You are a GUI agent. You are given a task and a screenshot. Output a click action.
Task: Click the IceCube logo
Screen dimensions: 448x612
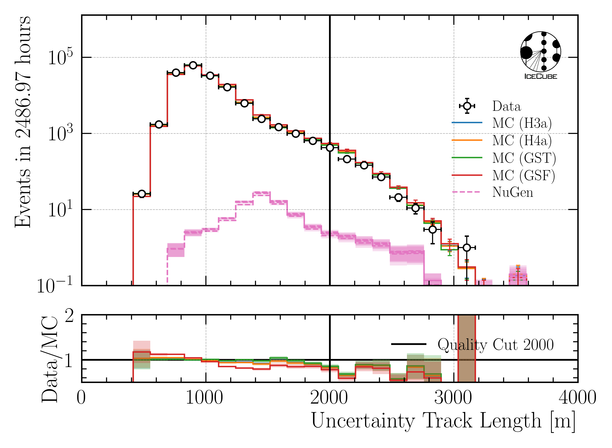[540, 55]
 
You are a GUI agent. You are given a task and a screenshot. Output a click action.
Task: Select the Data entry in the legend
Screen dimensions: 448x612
[506, 106]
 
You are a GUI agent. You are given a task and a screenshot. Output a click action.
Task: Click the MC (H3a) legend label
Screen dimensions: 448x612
[522, 123]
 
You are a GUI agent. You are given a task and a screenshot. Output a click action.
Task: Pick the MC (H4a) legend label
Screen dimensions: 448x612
[522, 140]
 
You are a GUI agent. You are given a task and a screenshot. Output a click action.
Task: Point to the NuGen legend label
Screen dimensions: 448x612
[512, 192]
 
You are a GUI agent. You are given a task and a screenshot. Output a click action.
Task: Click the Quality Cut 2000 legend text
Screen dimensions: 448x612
[495, 345]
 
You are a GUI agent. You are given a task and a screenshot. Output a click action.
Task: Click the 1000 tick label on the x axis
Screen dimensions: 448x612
[204, 398]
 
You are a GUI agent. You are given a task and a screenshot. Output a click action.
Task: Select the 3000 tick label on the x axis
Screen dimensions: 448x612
[453, 398]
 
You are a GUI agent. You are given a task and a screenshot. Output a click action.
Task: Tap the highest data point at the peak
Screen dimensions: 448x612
[193, 65]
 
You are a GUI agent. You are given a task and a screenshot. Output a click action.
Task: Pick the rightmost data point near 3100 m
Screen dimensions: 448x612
[466, 248]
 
